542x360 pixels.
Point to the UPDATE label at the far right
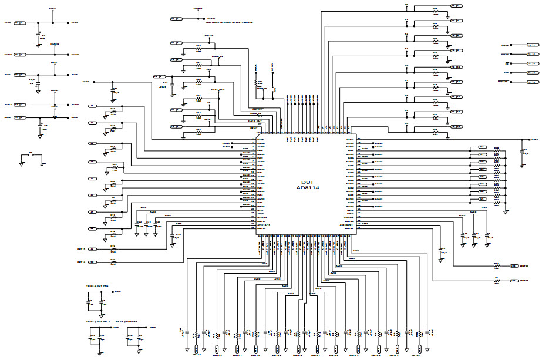tap(502, 81)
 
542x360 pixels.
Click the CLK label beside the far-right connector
tap(505, 72)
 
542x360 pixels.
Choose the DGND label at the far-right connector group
tap(504, 45)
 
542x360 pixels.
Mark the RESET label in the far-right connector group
tap(504, 54)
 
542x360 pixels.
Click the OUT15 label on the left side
tap(81, 249)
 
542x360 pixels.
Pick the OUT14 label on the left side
tap(81, 261)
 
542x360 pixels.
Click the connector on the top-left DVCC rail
tap(19, 23)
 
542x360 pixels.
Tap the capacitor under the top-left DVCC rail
tap(38, 35)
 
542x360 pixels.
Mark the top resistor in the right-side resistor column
tap(496, 150)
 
